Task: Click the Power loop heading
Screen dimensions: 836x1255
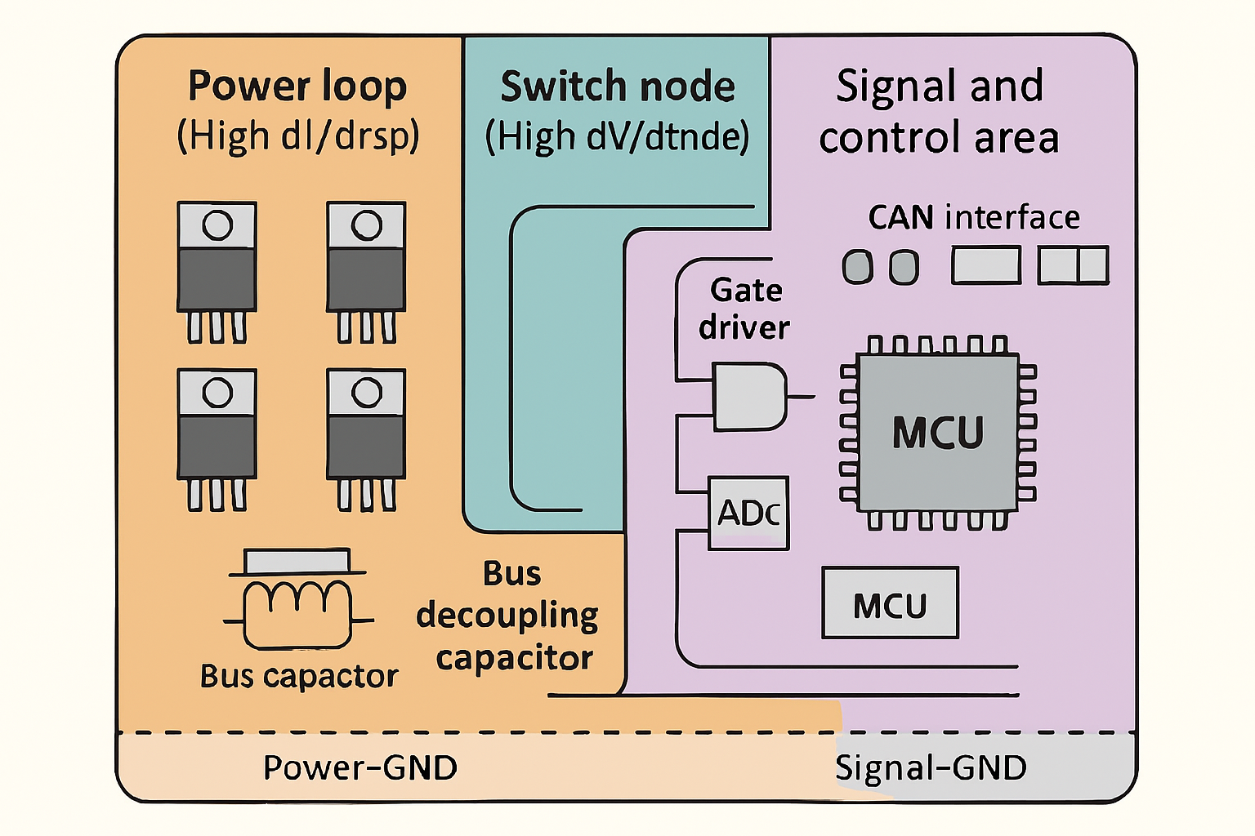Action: [297, 87]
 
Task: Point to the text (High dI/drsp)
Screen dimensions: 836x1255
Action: [298, 136]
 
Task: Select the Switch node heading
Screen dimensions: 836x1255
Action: [618, 87]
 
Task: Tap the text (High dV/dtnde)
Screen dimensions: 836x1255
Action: [618, 136]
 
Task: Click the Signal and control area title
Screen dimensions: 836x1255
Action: [939, 111]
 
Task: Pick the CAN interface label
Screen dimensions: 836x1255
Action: [973, 217]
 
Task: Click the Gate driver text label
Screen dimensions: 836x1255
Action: [744, 309]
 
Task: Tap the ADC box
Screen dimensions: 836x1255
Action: [748, 513]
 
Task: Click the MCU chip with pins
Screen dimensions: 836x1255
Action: [938, 432]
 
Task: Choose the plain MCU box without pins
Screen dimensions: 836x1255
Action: [890, 603]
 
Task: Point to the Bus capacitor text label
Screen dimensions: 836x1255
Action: [299, 676]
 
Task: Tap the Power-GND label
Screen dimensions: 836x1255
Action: [360, 767]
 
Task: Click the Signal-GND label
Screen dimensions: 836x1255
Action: [931, 767]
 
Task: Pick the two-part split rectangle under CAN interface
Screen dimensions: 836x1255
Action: [1073, 266]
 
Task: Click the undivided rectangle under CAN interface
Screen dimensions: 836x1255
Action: [986, 266]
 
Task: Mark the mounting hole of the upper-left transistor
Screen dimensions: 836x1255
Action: [217, 225]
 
